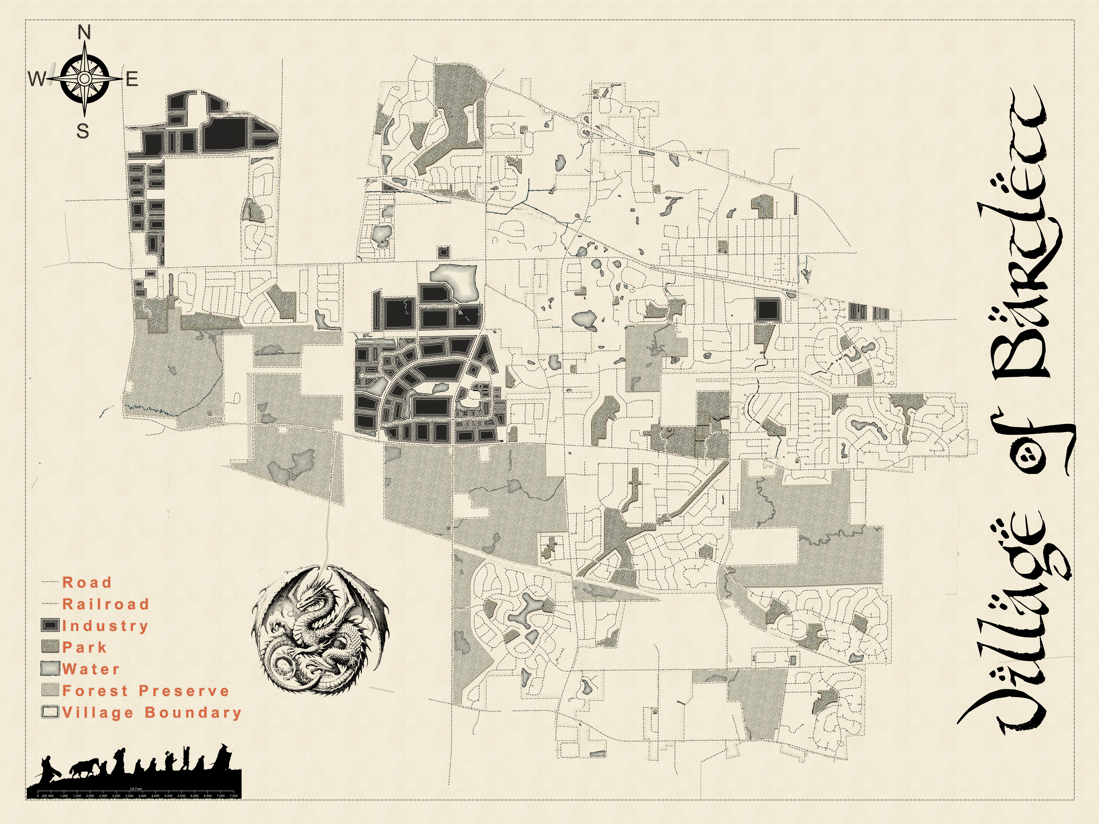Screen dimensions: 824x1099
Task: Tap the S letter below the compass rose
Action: click(83, 132)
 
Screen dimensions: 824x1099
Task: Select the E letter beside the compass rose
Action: click(132, 80)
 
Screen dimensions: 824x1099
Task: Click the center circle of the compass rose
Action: click(84, 78)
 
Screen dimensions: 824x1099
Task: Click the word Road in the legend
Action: click(87, 582)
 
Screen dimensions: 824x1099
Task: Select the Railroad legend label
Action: click(105, 604)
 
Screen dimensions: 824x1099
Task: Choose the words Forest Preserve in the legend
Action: click(146, 690)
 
